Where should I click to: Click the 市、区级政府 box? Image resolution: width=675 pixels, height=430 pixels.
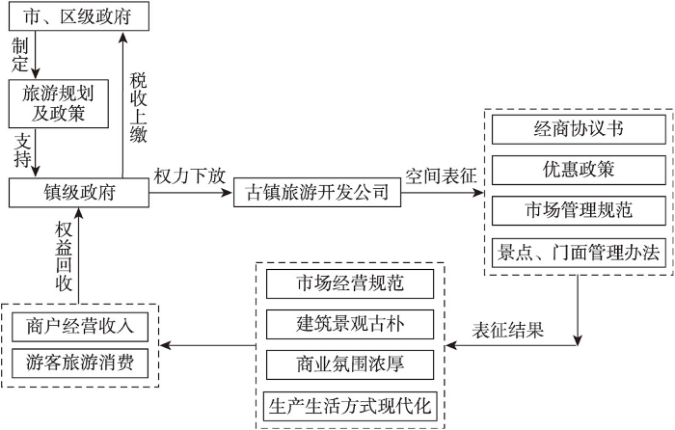pos(79,16)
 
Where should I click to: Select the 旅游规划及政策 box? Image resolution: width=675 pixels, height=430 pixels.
pos(59,104)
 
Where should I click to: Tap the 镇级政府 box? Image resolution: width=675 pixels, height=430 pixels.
pos(79,193)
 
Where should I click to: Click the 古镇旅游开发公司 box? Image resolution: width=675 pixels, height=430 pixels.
pos(317,193)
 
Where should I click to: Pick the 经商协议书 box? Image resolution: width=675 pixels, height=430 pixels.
pos(579,129)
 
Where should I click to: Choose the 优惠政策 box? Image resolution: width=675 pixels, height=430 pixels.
pos(579,170)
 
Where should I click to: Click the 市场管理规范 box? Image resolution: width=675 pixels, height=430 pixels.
pos(579,210)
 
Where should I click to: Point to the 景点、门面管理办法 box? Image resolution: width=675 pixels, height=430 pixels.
pos(579,253)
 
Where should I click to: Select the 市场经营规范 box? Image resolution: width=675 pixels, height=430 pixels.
pos(350,283)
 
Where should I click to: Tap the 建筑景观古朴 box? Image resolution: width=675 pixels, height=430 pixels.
pos(350,324)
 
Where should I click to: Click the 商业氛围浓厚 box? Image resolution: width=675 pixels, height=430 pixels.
pos(350,364)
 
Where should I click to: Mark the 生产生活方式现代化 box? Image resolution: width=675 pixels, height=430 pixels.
pos(350,406)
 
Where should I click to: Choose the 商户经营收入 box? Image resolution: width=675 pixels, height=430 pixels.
pos(80,327)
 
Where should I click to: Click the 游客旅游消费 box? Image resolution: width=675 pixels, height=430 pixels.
pos(80,363)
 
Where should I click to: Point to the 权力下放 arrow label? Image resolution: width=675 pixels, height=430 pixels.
pos(190,176)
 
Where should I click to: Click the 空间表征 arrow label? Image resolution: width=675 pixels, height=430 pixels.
pos(442,176)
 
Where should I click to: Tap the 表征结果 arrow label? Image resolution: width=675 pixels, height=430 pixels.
pos(508,330)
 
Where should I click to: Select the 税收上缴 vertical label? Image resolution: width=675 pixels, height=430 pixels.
pos(139,108)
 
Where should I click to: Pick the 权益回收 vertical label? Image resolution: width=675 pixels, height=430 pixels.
pos(64,257)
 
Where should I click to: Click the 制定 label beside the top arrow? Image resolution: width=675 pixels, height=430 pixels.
pos(20,55)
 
